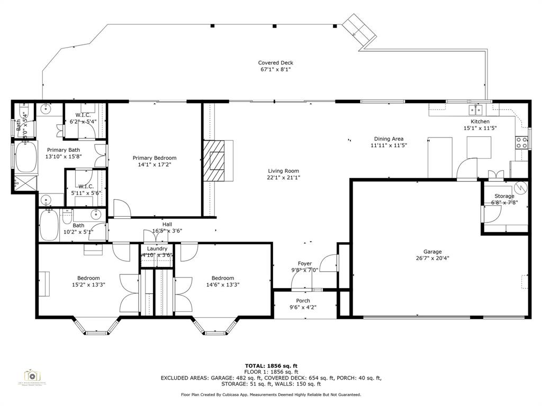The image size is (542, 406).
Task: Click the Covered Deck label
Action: (275, 63)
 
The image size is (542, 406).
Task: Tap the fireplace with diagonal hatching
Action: (217, 160)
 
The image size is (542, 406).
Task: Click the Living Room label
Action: (283, 171)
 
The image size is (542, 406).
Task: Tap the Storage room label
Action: (504, 196)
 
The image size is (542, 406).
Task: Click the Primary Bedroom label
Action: (154, 158)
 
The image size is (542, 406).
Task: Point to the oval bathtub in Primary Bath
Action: (25, 157)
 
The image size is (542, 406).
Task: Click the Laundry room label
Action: (157, 248)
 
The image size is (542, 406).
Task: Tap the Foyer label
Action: (304, 263)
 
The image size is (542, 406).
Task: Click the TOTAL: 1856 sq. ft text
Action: (271, 366)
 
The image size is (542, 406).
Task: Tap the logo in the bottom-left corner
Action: (32, 377)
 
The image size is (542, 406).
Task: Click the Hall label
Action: (167, 224)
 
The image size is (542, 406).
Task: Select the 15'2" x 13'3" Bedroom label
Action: (88, 278)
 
